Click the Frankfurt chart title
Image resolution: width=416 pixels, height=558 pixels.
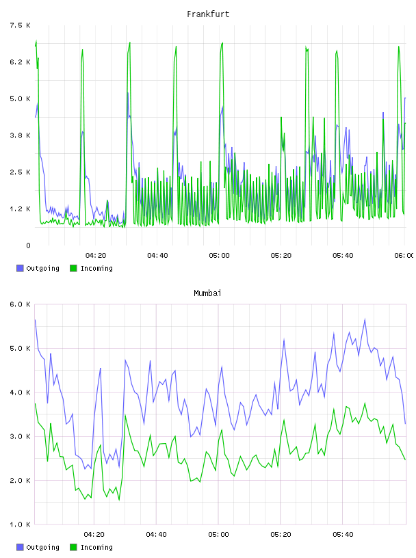pos(208,14)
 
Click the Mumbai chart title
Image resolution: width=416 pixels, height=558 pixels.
pos(207,293)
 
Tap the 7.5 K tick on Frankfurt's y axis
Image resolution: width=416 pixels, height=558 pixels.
pos(20,25)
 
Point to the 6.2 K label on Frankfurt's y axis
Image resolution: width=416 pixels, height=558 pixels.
pos(20,62)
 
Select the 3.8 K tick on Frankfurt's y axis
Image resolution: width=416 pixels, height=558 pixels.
pos(20,135)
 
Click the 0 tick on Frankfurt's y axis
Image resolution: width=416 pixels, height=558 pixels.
pos(28,245)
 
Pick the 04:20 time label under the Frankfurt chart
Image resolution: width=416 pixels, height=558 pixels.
pos(96,256)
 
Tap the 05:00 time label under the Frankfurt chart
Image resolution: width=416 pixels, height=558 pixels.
pos(219,256)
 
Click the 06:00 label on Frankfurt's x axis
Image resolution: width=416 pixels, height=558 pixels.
pos(404,256)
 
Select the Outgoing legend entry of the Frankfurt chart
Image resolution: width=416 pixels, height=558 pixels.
pos(38,268)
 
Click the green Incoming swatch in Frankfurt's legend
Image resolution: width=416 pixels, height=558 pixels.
pos(73,268)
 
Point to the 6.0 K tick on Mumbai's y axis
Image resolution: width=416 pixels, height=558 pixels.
pos(20,304)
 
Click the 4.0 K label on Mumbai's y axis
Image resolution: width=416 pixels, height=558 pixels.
pos(20,392)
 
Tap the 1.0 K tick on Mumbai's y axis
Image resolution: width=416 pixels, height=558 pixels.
pos(20,524)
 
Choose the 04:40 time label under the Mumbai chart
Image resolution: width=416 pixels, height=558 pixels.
pos(156,535)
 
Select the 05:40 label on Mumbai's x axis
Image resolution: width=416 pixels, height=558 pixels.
pos(343,535)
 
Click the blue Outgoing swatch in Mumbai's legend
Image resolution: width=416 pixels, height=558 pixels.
pos(20,547)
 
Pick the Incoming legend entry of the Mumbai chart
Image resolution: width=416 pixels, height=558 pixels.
pos(91,547)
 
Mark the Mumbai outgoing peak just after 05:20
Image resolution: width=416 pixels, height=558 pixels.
pos(284,340)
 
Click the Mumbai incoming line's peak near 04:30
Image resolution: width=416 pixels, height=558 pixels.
pos(125,415)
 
